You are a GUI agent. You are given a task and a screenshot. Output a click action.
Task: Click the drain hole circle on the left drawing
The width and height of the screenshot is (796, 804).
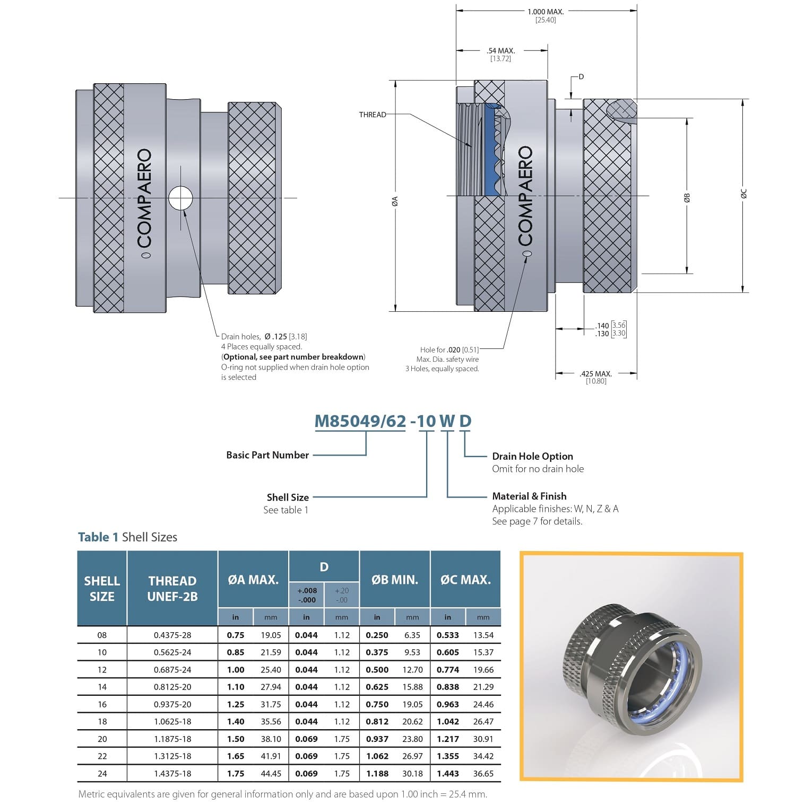pyautogui.click(x=180, y=199)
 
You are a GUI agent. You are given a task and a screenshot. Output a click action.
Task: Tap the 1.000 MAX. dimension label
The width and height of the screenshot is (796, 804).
pyautogui.click(x=546, y=12)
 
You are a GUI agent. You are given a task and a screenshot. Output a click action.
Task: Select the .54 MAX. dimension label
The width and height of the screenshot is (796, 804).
pyautogui.click(x=500, y=51)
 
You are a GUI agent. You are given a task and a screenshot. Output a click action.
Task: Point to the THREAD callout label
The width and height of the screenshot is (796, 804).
pyautogui.click(x=373, y=115)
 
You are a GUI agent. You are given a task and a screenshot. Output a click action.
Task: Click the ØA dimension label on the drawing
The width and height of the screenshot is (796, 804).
pyautogui.click(x=395, y=200)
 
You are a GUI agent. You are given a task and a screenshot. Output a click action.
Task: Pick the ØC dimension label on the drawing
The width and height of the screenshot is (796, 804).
pyautogui.click(x=744, y=194)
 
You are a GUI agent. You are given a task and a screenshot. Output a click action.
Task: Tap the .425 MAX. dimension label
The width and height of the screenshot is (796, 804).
pyautogui.click(x=596, y=373)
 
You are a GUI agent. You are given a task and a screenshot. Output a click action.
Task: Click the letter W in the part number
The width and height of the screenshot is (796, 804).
pyautogui.click(x=447, y=421)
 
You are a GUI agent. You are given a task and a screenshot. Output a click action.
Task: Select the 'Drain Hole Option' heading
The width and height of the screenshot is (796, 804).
pyautogui.click(x=532, y=456)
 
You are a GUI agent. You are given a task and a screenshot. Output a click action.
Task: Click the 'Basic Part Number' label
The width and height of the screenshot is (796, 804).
pyautogui.click(x=267, y=455)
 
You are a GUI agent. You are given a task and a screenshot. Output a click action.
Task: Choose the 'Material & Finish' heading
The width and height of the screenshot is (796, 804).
pyautogui.click(x=529, y=496)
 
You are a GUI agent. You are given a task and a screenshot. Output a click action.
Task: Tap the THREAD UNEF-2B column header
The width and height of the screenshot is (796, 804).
pyautogui.click(x=172, y=589)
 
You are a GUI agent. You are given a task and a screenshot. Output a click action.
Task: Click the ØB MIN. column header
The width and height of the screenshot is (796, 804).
pyautogui.click(x=395, y=580)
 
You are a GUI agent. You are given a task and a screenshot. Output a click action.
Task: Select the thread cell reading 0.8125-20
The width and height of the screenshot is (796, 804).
pyautogui.click(x=172, y=687)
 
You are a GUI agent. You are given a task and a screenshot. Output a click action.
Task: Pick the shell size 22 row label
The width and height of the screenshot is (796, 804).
pyautogui.click(x=102, y=756)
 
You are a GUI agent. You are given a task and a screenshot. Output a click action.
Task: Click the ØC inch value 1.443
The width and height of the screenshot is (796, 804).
pyautogui.click(x=447, y=774)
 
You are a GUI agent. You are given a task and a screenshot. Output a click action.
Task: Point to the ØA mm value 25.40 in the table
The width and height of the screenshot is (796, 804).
pyautogui.click(x=271, y=670)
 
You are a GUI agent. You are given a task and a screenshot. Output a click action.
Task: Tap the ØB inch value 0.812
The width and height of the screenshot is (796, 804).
pyautogui.click(x=377, y=722)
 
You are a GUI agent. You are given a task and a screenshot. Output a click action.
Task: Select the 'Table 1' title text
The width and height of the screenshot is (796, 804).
pyautogui.click(x=98, y=537)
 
